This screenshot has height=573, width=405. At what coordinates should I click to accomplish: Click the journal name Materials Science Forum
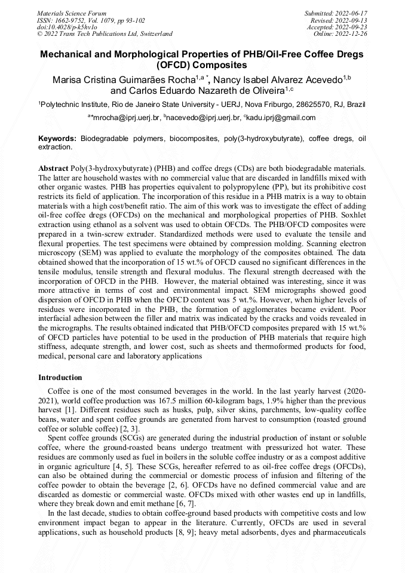pos(72,13)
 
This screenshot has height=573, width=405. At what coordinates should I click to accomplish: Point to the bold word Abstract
pos(53,168)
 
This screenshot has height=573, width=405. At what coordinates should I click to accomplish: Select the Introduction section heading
pos(60,378)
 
